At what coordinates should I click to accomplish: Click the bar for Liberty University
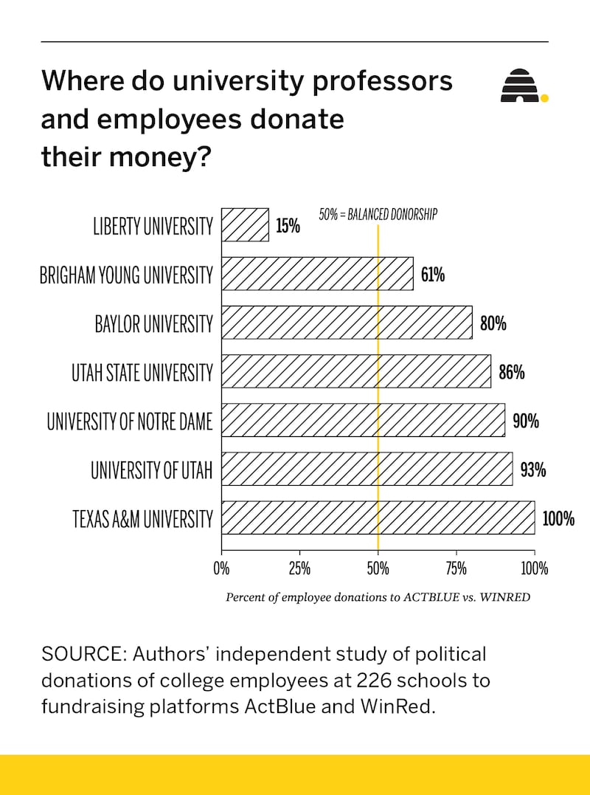(245, 225)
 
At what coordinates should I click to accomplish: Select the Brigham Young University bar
(317, 274)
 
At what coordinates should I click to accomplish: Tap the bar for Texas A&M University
(378, 517)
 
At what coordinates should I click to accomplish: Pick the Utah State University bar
(355, 371)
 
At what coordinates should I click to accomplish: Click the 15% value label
(288, 226)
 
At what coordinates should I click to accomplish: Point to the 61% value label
(433, 275)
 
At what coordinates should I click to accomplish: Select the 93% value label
(532, 469)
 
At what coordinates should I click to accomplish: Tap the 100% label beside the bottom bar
(558, 518)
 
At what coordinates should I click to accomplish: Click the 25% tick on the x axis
(299, 569)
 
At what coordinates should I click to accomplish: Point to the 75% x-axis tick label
(457, 569)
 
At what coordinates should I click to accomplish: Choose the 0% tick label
(221, 569)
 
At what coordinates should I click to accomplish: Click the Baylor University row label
(153, 323)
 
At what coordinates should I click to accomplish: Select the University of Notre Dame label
(130, 421)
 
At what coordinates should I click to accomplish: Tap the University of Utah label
(151, 470)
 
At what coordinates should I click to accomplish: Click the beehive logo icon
(520, 86)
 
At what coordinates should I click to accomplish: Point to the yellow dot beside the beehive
(544, 97)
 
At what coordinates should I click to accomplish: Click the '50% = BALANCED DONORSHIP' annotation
(378, 215)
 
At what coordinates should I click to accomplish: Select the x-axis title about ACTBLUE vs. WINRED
(378, 597)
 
